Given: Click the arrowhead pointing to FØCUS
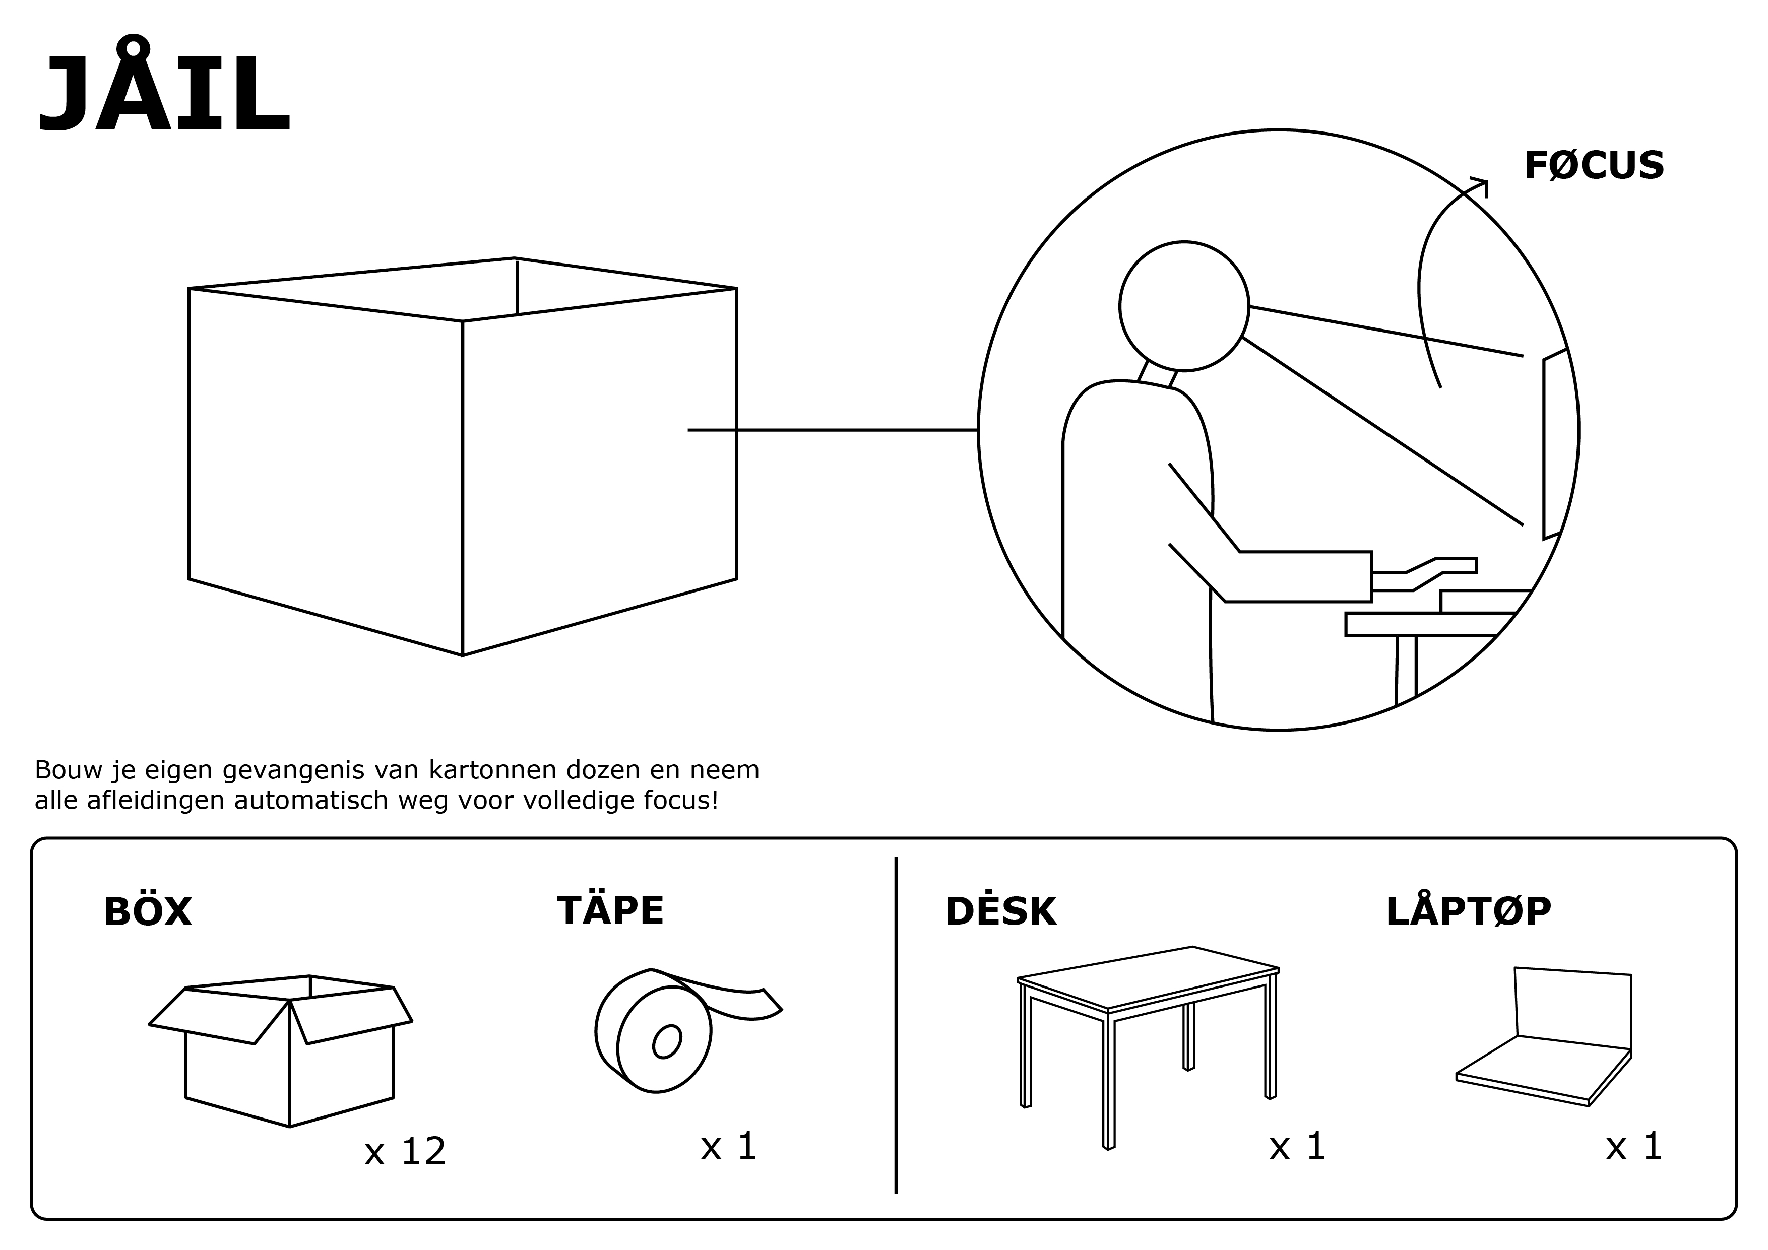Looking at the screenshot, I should click(1481, 185).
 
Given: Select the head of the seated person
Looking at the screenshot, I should click(1183, 306).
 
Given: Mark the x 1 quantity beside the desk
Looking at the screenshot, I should click(1297, 1147).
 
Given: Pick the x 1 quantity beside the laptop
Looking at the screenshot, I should click(1634, 1147).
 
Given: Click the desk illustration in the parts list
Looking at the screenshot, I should click(1148, 1024).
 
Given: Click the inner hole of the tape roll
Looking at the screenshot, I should click(667, 1041).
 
